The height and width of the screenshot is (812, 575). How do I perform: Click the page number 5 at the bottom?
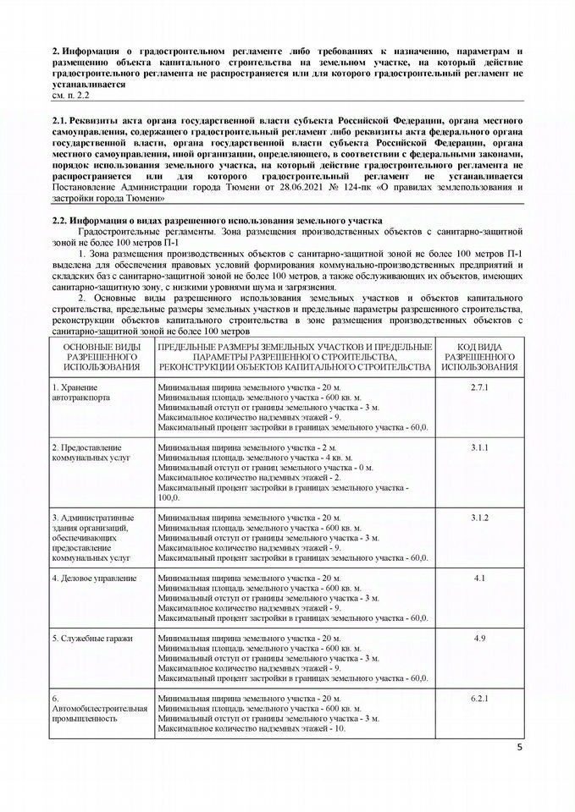pyautogui.click(x=520, y=747)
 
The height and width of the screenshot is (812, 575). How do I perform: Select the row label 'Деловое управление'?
pyautogui.click(x=94, y=578)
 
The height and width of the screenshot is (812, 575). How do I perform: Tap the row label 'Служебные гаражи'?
pyautogui.click(x=92, y=638)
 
